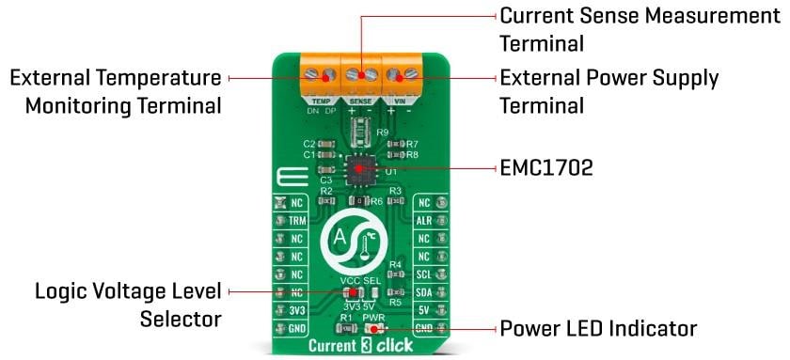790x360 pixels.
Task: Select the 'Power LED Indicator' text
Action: coord(597,328)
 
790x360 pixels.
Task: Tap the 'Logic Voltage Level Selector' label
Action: coord(129,305)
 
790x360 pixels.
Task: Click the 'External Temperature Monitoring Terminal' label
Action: coord(116,90)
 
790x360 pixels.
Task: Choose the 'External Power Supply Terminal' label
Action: coord(608,90)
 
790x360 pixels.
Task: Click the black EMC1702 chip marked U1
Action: coord(360,170)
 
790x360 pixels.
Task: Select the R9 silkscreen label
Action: coord(382,133)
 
